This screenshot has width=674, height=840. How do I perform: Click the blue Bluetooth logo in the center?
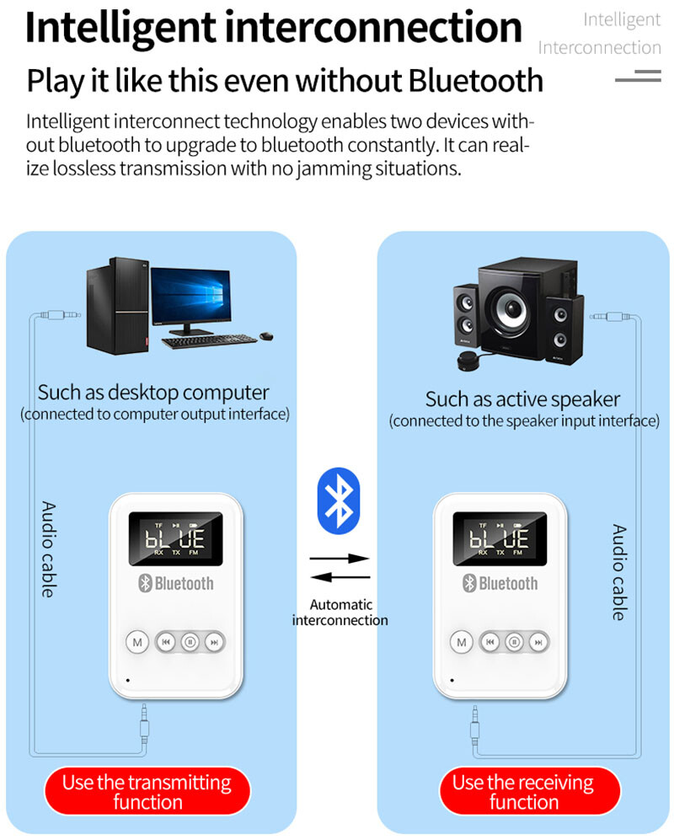[x=338, y=499]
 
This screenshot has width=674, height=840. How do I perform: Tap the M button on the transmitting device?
[x=137, y=642]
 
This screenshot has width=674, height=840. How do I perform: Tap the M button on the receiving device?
[x=461, y=642]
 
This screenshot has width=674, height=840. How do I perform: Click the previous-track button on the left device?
[x=167, y=642]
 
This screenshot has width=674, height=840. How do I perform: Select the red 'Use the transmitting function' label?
[x=147, y=792]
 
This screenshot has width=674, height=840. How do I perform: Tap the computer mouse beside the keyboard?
[x=265, y=336]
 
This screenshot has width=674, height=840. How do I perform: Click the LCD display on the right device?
[x=500, y=538]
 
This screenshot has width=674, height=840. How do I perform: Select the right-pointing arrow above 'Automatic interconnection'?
[x=340, y=558]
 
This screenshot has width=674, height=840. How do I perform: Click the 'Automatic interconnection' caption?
[x=340, y=613]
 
